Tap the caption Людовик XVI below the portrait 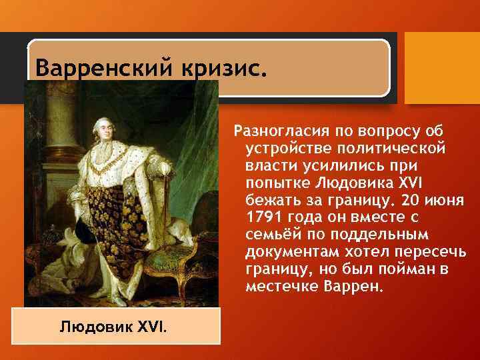pyautogui.click(x=114, y=328)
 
